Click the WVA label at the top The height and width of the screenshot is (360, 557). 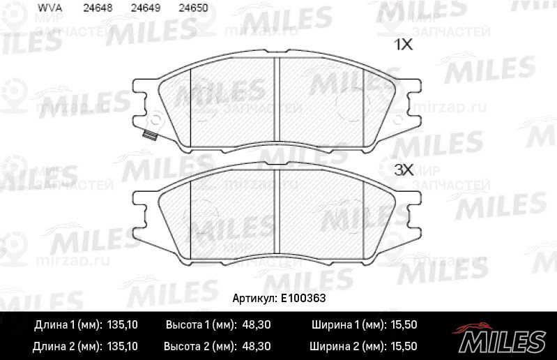pyautogui.click(x=49, y=8)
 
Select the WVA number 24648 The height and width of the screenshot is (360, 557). pyautogui.click(x=98, y=8)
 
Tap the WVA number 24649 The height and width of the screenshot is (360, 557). pyautogui.click(x=146, y=8)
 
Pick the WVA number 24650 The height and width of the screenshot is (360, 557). pyautogui.click(x=193, y=8)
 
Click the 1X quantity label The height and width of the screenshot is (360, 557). pyautogui.click(x=403, y=45)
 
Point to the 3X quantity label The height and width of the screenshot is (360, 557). pyautogui.click(x=404, y=170)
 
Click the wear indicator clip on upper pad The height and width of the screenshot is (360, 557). pyautogui.click(x=150, y=135)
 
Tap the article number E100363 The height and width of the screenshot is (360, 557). pyautogui.click(x=303, y=298)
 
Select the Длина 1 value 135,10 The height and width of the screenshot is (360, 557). pyautogui.click(x=122, y=324)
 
